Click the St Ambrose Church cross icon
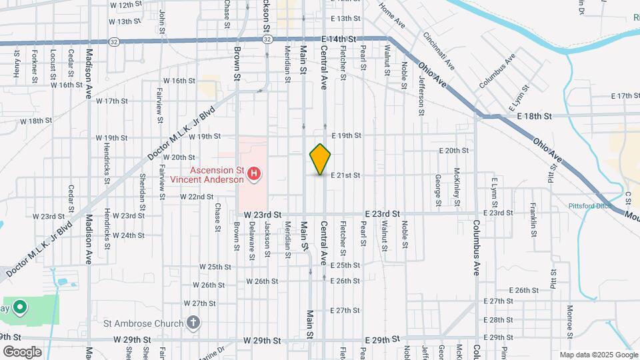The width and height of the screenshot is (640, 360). click(193, 324)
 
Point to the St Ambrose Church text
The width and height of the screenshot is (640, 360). click(143, 324)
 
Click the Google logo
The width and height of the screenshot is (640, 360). click(22, 352)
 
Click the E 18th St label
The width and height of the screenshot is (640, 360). click(535, 116)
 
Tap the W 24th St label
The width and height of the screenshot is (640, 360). click(129, 235)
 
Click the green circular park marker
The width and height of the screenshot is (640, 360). click(20, 308)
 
